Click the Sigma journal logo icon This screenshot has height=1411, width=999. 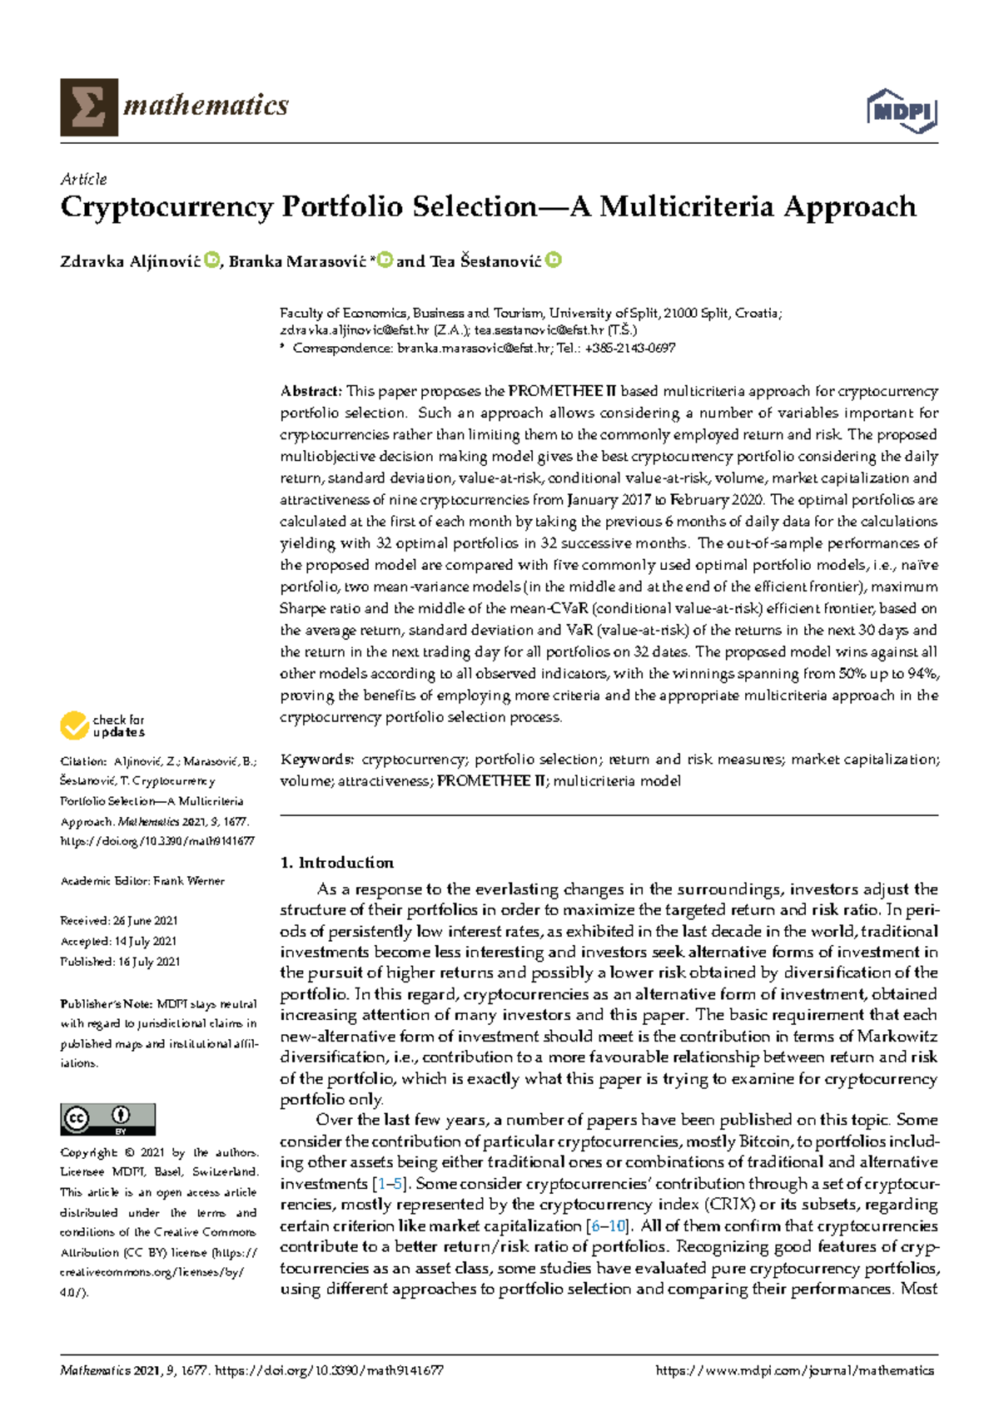click(88, 107)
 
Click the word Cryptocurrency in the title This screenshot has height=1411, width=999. click(166, 207)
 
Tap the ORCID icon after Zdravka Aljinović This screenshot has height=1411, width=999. click(211, 260)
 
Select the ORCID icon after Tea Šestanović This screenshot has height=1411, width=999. click(554, 260)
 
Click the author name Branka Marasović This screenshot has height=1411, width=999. click(297, 262)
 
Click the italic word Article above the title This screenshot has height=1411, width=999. click(83, 179)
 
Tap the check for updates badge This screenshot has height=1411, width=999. click(102, 725)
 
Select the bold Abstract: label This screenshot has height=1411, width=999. click(311, 391)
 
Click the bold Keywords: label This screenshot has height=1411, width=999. click(317, 760)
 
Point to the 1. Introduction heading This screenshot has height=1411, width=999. click(337, 863)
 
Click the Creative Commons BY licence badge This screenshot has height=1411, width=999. click(107, 1119)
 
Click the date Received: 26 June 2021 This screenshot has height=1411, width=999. click(119, 921)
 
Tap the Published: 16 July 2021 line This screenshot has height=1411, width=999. click(120, 962)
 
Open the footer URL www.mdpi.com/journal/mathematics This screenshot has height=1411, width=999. click(795, 1371)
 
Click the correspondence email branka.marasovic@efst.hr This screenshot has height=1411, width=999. click(474, 349)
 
